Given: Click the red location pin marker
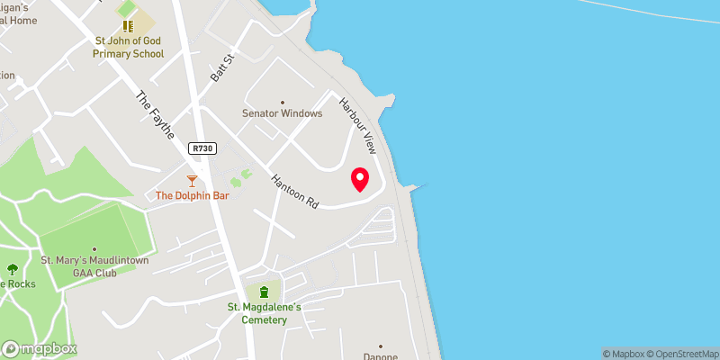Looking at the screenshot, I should click(x=360, y=180).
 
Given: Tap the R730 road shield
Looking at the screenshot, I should click(x=201, y=148).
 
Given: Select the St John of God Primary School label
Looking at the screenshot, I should click(x=129, y=47).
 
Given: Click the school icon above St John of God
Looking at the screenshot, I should click(x=129, y=26).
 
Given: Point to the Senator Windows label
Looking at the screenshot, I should click(x=282, y=113).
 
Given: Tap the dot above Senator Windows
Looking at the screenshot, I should click(x=282, y=102).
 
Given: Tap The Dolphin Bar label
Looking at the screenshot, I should click(x=191, y=195).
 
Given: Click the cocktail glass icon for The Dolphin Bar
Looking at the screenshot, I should click(x=191, y=181).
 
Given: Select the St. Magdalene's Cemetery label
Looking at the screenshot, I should click(x=264, y=313).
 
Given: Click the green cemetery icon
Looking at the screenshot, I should click(x=264, y=292).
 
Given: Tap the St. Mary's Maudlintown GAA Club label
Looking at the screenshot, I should click(x=94, y=266).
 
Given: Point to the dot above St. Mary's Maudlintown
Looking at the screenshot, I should click(x=94, y=249).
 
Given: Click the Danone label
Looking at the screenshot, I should click(x=380, y=355).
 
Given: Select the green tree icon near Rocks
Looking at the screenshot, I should click(x=12, y=269).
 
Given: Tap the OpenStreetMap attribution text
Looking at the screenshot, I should click(x=680, y=354).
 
